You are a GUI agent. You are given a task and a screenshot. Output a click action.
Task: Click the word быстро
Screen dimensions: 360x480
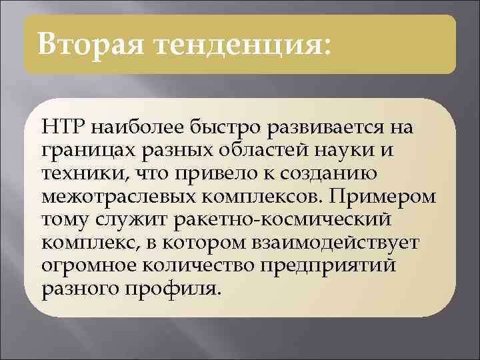204,127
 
